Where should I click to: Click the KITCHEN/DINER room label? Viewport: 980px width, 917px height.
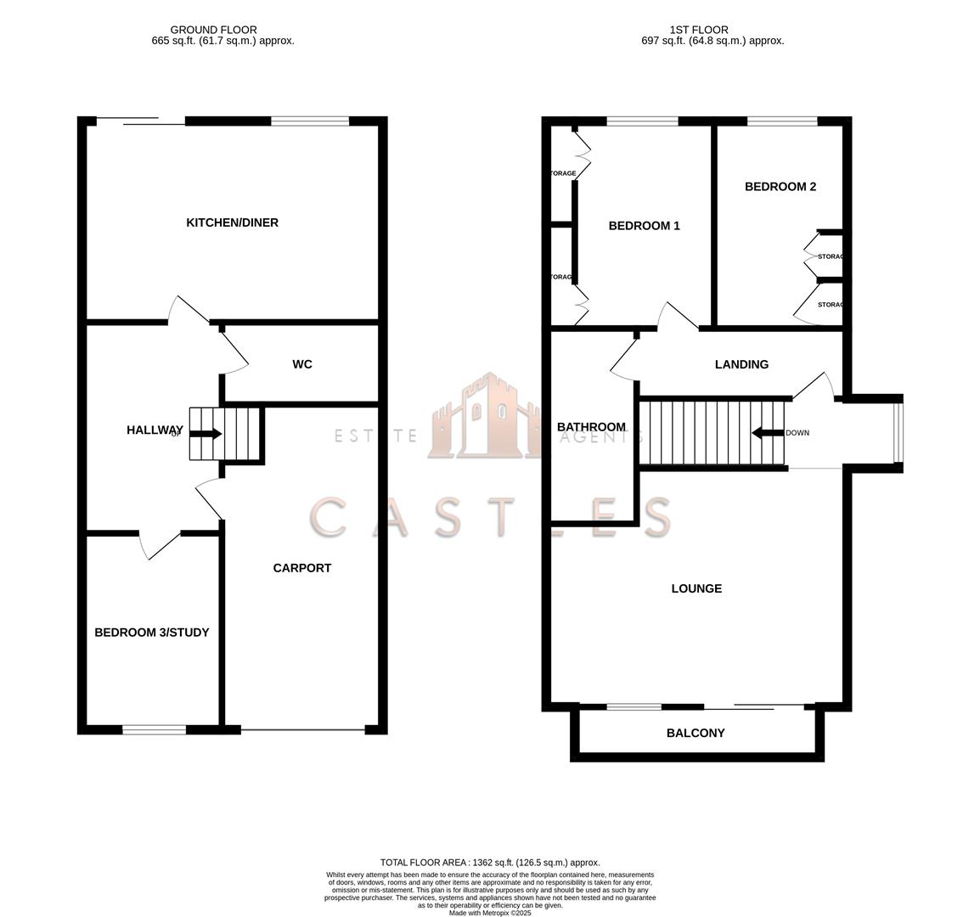[232, 222]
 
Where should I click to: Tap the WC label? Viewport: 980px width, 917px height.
[301, 364]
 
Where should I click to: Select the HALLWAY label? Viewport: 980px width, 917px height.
[155, 430]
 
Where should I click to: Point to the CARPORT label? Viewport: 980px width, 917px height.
[301, 568]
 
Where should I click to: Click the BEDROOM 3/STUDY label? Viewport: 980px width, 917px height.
[151, 633]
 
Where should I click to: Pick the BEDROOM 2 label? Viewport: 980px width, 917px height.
[780, 187]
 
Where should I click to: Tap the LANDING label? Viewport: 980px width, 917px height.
[741, 364]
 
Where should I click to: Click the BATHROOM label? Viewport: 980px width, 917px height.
[591, 427]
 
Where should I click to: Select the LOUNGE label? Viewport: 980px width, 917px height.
[696, 588]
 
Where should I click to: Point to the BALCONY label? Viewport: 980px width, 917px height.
[696, 733]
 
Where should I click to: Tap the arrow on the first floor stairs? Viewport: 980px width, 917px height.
[767, 433]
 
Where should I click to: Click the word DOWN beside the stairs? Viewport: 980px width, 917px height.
[797, 433]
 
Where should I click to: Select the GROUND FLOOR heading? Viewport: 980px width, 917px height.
[213, 30]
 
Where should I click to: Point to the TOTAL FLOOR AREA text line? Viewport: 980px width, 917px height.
[489, 862]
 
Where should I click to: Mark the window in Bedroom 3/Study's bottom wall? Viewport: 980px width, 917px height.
[154, 729]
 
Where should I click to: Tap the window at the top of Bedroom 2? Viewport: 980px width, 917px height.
[782, 121]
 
